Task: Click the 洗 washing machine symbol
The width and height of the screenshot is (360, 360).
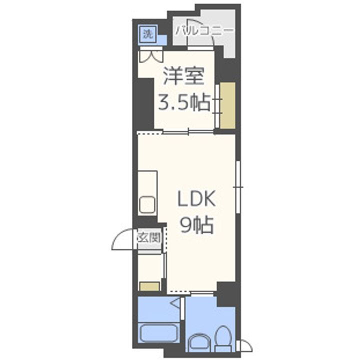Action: pos(146,34)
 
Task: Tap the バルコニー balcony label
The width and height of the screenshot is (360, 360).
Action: pos(204,30)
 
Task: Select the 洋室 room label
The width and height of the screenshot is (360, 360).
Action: pos(182,77)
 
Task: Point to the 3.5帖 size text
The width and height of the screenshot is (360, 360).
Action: pos(183,103)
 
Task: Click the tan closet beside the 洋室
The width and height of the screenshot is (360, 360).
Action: pos(227,104)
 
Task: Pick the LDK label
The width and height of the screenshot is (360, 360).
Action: pos(197,200)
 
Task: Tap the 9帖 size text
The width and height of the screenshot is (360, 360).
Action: pos(197,226)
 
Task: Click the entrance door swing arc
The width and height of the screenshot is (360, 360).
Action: pos(121,242)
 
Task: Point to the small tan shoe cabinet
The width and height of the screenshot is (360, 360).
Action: pos(149,286)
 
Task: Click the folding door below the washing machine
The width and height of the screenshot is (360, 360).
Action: pos(152,55)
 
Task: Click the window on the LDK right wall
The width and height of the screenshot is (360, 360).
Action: pos(239,187)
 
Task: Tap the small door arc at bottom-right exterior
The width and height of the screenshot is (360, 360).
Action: pos(245,344)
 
